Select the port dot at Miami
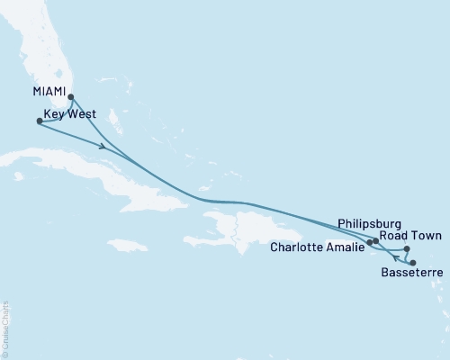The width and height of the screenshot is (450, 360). click(x=71, y=99)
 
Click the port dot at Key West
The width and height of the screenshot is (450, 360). click(x=39, y=121)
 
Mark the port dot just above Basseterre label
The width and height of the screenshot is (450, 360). click(x=413, y=262)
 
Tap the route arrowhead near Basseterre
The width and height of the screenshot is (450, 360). click(x=397, y=257)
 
